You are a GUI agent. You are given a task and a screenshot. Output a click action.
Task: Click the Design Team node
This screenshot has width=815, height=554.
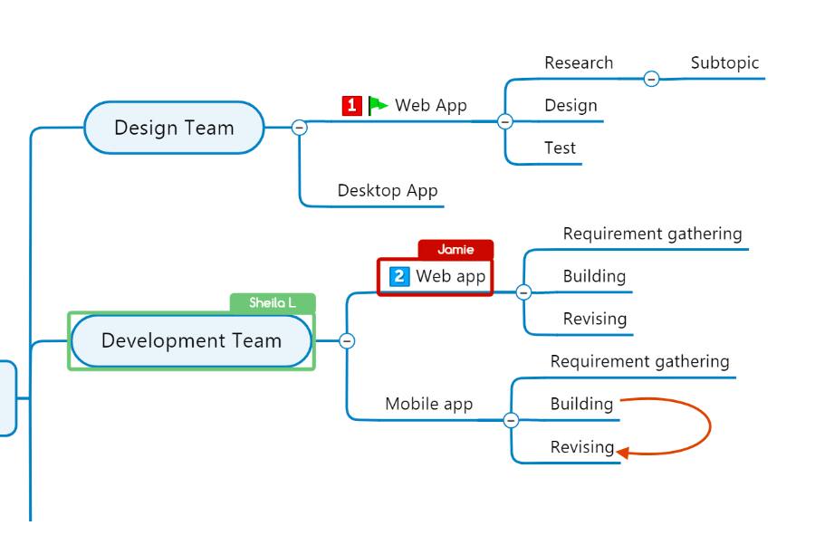[174, 128]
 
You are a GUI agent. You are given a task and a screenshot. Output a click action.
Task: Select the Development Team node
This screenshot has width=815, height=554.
[191, 341]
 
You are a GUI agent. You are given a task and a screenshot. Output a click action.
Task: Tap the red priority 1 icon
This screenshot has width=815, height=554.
[351, 106]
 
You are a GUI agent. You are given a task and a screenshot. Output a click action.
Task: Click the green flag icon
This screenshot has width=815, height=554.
[378, 106]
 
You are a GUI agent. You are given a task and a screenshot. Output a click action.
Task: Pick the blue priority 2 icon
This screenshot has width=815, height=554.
[399, 276]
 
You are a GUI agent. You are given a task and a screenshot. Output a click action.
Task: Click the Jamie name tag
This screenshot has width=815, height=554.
[455, 250]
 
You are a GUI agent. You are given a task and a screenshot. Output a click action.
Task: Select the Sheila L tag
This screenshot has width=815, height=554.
[273, 303]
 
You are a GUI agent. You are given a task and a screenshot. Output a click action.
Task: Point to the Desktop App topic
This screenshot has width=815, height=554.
[388, 191]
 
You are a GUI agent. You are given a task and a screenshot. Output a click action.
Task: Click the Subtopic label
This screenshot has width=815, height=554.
[724, 63]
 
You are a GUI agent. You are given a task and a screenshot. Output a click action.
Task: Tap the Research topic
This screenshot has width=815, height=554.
[579, 63]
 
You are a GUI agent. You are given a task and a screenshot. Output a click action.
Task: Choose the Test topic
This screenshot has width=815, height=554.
[560, 148]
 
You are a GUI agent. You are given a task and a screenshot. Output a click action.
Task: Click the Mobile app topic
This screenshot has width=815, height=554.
[429, 405]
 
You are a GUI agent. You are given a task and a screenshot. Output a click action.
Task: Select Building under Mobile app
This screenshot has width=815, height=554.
[581, 405]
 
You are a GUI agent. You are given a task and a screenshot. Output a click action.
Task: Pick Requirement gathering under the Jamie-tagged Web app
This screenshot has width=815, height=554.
[652, 234]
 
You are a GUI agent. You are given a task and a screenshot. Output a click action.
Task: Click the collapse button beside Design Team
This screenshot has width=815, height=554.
[300, 128]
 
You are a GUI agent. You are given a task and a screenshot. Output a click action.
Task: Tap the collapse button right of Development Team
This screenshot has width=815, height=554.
[347, 341]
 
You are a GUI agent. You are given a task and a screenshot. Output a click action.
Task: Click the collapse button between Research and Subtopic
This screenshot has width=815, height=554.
[651, 79]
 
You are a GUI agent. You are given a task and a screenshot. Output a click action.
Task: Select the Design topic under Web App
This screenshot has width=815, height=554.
[570, 106]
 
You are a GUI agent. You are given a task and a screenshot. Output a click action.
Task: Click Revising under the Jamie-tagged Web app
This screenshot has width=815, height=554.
[594, 319]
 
